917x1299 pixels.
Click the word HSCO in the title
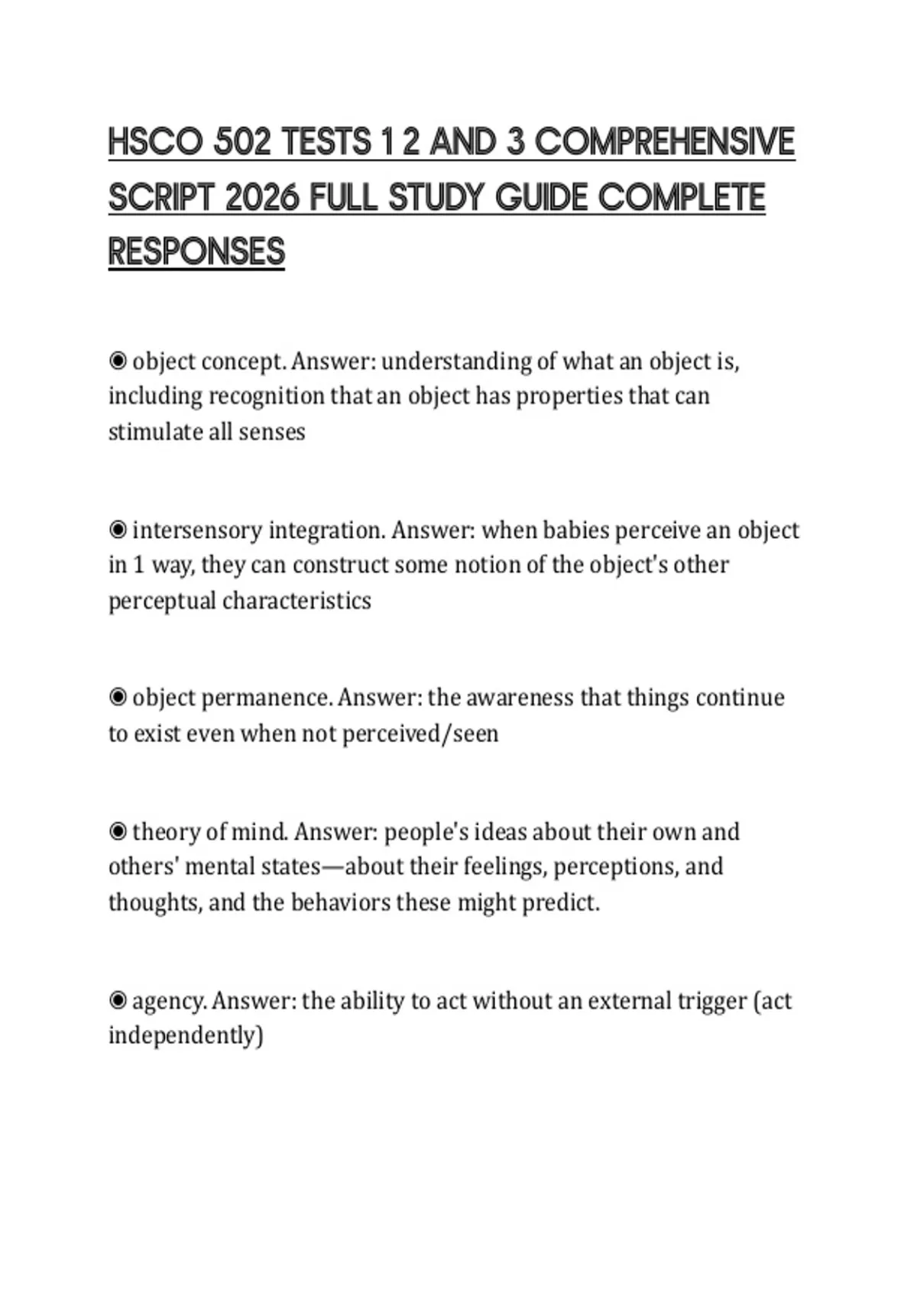pos(155,142)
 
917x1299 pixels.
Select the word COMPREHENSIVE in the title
pos(664,142)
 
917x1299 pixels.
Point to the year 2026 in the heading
pos(261,198)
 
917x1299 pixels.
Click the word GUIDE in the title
pos(541,198)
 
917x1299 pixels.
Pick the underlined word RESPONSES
pos(196,252)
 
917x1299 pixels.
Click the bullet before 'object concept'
pos(118,361)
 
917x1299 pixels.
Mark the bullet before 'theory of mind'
pos(118,831)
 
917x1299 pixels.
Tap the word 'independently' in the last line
pos(186,1036)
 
